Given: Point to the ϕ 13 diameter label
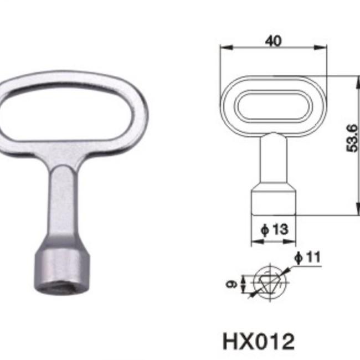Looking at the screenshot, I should (x=273, y=229).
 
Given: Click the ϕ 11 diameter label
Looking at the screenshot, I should (x=307, y=258).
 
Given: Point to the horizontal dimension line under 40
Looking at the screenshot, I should (x=273, y=49).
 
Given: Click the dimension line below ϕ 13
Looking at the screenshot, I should (x=273, y=241).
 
